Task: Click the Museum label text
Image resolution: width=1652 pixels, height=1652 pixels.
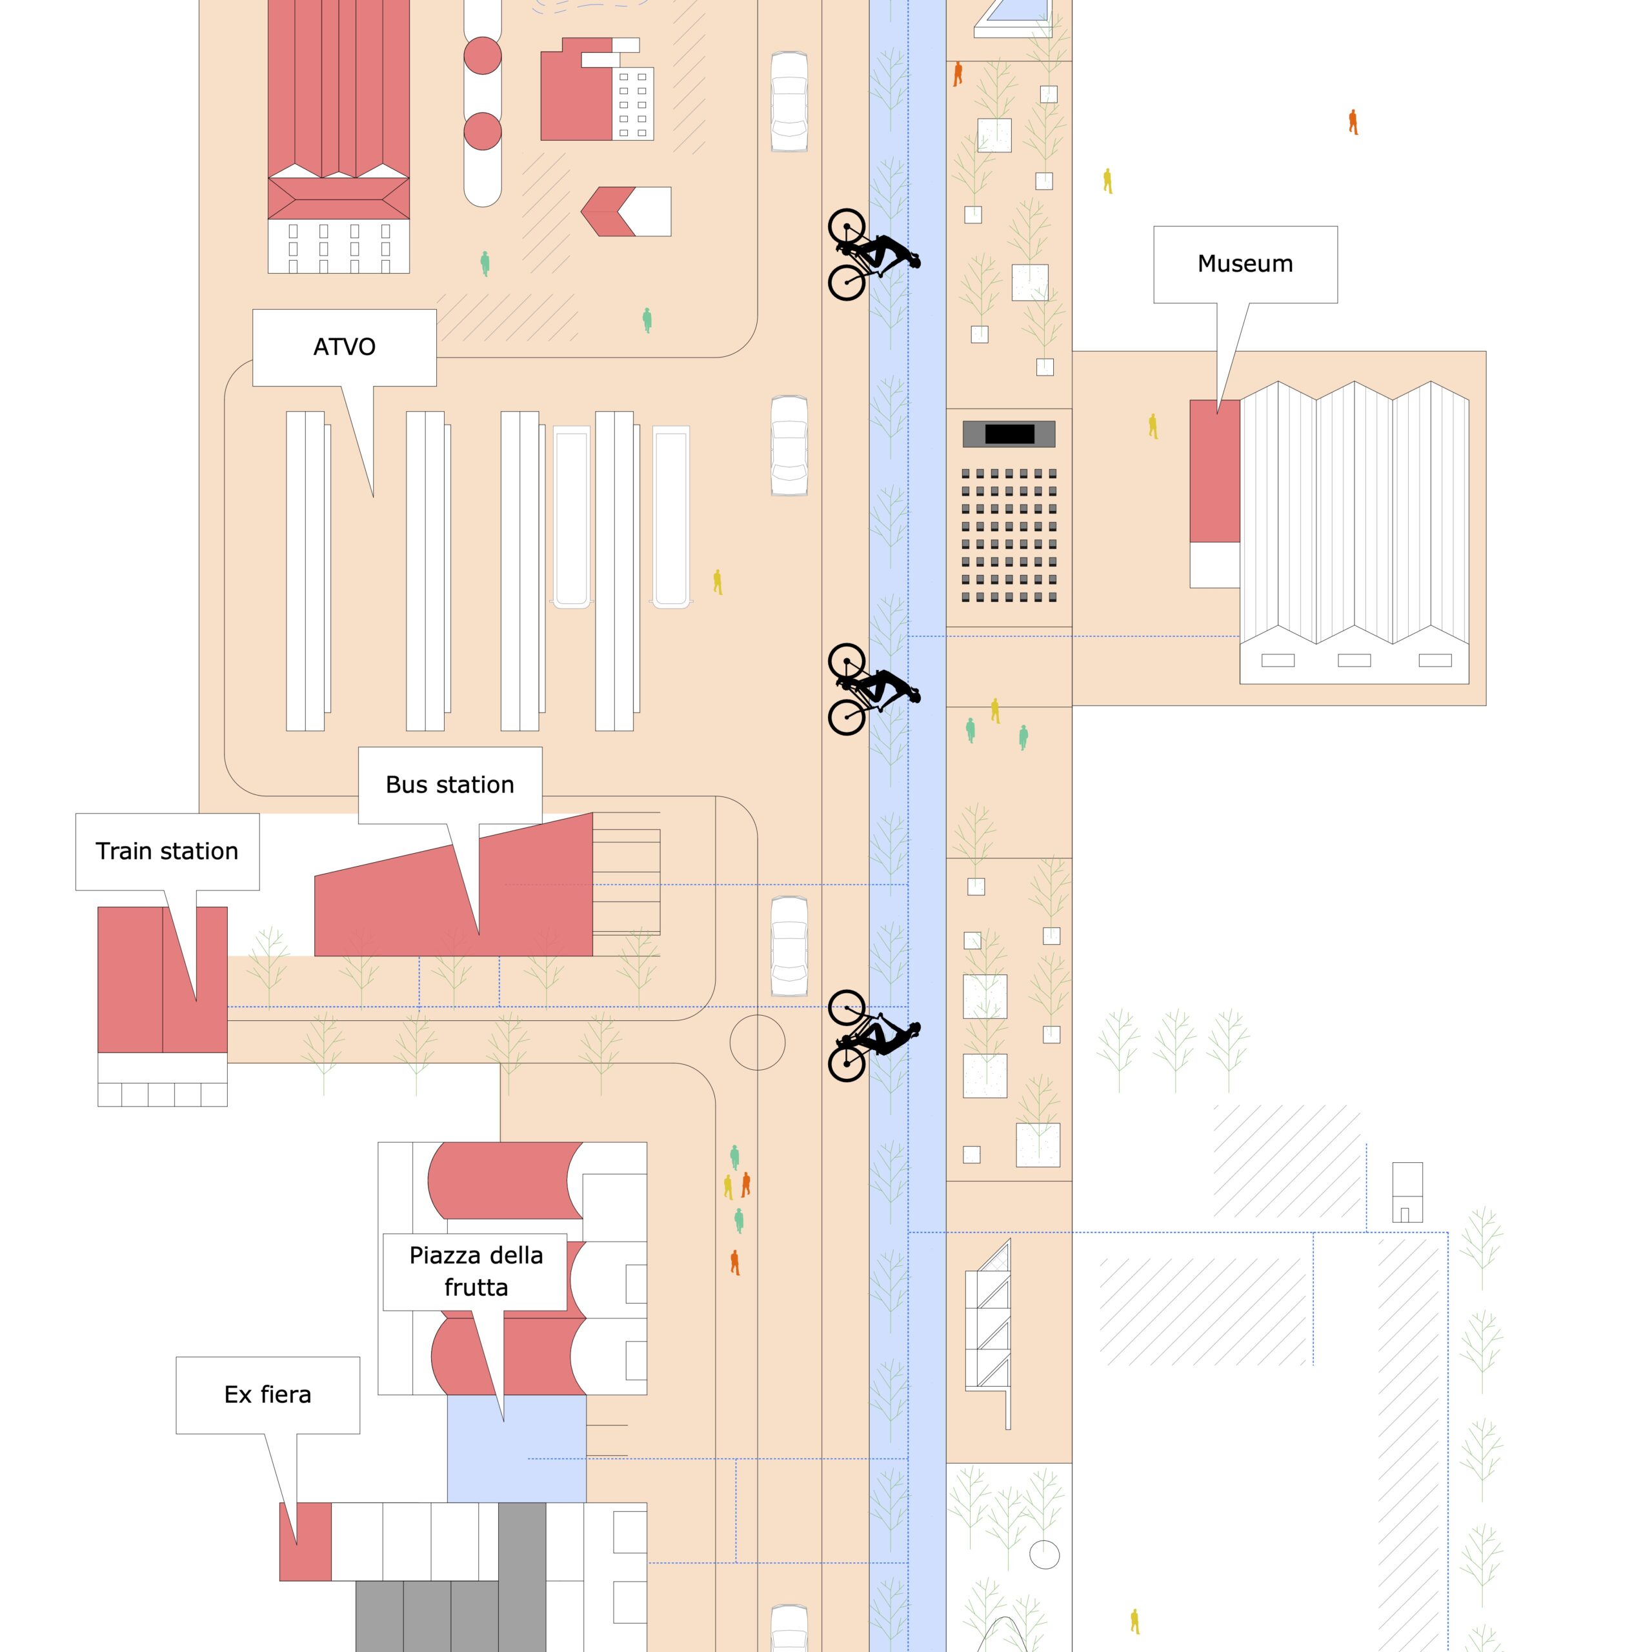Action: (x=1245, y=263)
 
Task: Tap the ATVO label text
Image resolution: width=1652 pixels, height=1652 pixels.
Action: (x=344, y=347)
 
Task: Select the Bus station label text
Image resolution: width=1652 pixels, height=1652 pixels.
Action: (x=450, y=784)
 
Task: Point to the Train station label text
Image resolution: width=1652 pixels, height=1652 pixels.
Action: (x=166, y=851)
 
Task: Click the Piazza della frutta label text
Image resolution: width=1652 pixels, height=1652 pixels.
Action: (x=476, y=1271)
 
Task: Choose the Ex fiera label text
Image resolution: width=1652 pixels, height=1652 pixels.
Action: (x=268, y=1395)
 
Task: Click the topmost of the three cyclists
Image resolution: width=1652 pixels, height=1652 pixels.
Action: (x=873, y=255)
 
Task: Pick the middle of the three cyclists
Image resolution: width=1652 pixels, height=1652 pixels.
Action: (x=873, y=689)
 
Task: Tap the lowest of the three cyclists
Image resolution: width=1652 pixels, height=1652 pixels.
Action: (x=873, y=1036)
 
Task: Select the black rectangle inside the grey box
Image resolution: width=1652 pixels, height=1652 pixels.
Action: (x=1009, y=434)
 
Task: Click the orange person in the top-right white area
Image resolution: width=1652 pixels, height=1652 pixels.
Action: (x=1353, y=121)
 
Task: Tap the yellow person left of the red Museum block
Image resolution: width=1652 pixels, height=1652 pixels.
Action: (x=1153, y=426)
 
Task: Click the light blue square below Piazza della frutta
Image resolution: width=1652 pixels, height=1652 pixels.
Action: (x=516, y=1449)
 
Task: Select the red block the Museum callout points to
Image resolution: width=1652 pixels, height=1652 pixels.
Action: (x=1215, y=471)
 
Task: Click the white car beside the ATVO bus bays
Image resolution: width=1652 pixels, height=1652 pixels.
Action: (x=789, y=445)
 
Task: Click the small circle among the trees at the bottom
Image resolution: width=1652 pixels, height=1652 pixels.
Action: (x=1044, y=1555)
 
